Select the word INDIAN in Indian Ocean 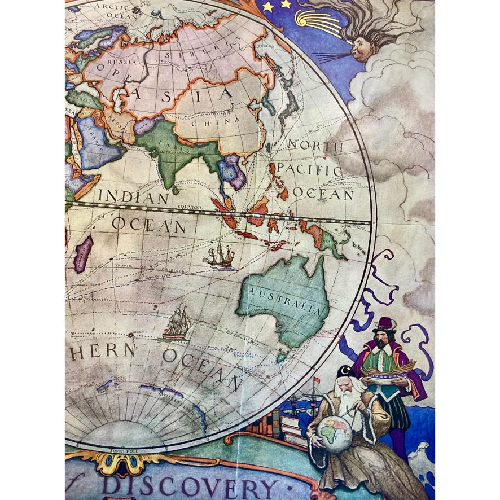pyautogui.click(x=133, y=198)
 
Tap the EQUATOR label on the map pyautogui.click(x=189, y=207)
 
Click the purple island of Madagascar pyautogui.click(x=83, y=253)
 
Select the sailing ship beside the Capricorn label pyautogui.click(x=220, y=257)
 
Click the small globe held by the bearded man pyautogui.click(x=334, y=434)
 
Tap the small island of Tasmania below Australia pyautogui.click(x=281, y=357)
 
